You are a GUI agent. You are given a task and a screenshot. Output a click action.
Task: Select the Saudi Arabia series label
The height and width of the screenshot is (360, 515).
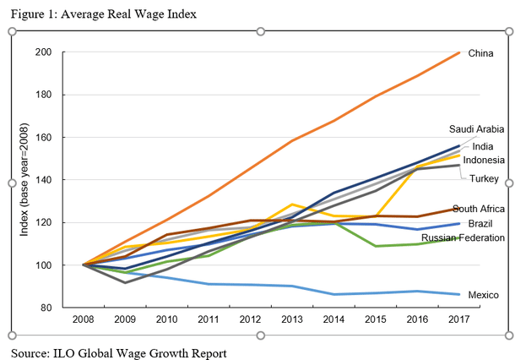point(476,129)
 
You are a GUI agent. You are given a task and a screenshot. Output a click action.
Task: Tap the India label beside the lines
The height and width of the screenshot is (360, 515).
point(483,146)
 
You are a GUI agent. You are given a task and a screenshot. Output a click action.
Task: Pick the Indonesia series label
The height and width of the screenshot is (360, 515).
point(483,160)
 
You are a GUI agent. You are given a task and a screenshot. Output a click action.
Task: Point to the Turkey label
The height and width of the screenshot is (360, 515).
point(485,178)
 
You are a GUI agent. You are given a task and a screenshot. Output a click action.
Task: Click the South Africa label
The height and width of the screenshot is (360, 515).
point(478,209)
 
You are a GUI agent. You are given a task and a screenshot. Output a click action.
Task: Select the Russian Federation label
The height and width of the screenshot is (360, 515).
point(463,238)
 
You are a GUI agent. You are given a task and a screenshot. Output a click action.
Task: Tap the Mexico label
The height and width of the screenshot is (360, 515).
point(485,294)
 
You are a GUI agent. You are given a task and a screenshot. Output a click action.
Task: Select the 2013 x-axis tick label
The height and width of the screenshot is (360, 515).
point(292,320)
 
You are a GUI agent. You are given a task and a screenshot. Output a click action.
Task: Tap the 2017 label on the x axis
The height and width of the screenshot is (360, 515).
point(458,320)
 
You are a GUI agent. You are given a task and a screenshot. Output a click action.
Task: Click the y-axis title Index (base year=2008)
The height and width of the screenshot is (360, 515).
point(27,180)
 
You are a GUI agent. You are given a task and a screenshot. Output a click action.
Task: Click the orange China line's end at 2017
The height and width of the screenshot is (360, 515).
point(459,52)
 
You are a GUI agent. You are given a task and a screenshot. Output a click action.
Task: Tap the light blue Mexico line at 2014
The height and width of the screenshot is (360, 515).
point(334,294)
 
